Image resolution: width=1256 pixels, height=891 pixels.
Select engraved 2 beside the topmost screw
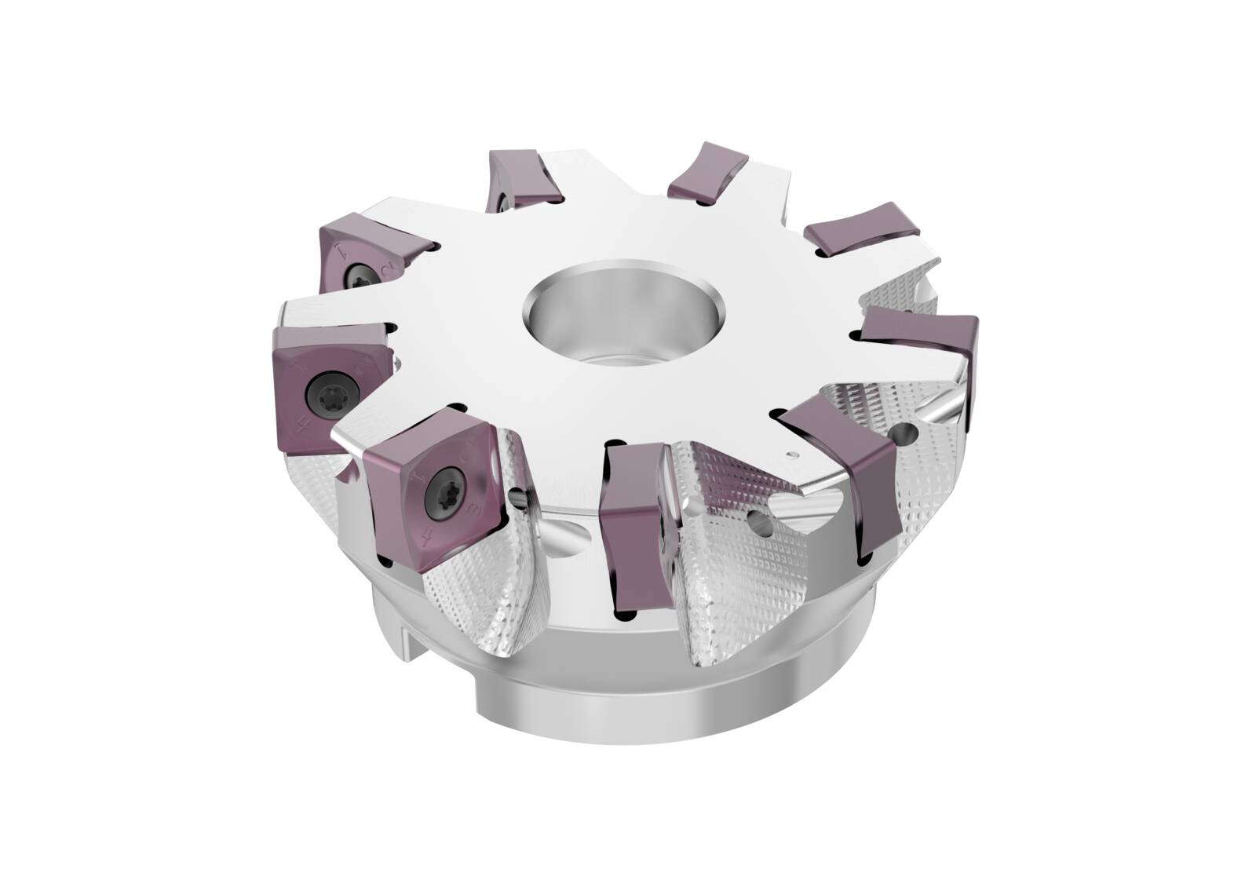click(x=387, y=271)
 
